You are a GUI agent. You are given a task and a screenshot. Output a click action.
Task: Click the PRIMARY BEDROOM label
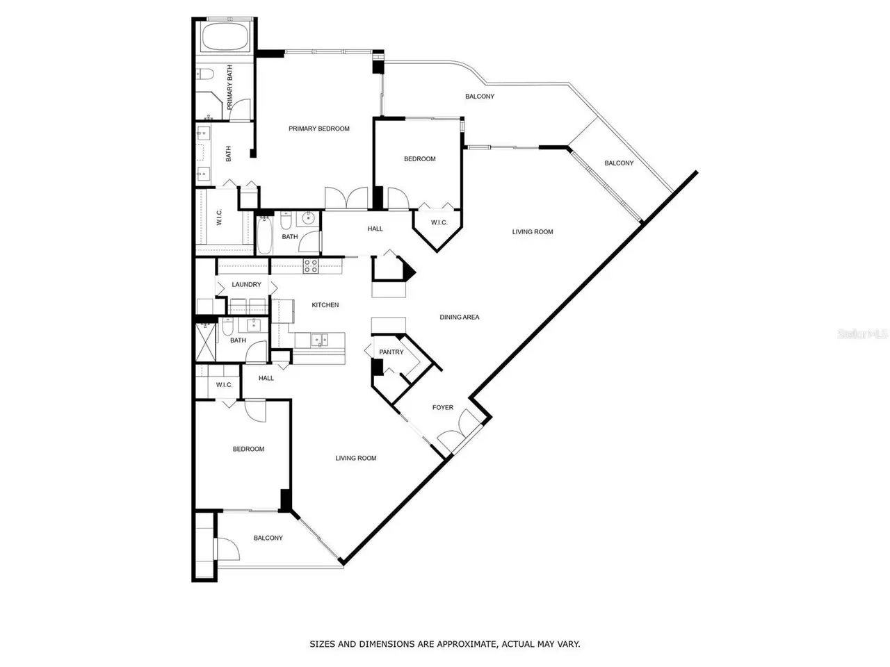tap(318, 129)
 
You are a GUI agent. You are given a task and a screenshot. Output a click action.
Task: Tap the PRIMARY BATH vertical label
tap(229, 87)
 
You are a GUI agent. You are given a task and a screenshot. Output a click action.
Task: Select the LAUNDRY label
tap(247, 284)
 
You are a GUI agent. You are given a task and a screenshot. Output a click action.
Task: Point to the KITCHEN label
tap(325, 305)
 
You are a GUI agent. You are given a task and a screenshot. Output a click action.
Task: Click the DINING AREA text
tap(460, 317)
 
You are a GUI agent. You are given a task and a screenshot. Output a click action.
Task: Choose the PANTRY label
tap(391, 352)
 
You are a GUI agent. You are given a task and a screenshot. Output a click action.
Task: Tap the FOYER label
tap(443, 407)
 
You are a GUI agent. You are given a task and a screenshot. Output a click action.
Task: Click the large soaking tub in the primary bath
tap(225, 37)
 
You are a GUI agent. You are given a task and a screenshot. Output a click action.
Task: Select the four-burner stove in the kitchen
tap(311, 266)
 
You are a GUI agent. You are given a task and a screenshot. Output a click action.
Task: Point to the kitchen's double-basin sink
tap(320, 339)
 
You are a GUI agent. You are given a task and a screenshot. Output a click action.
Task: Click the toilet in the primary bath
tap(205, 74)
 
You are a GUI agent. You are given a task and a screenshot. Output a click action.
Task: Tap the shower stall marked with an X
tap(206, 343)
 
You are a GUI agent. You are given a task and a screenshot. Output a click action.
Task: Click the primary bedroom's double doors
tap(346, 199)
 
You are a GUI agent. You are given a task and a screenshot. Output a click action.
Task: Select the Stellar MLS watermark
tap(862, 334)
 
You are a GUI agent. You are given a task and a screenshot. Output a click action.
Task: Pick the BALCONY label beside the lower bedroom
tap(268, 538)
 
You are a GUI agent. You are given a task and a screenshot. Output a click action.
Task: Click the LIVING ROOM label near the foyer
tap(355, 458)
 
